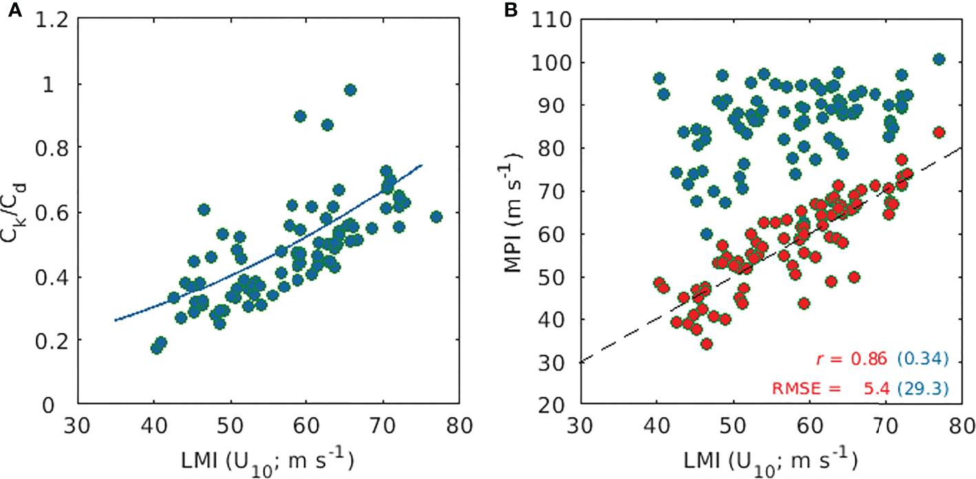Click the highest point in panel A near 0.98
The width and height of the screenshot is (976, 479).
(x=350, y=90)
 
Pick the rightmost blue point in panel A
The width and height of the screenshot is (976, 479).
(x=435, y=217)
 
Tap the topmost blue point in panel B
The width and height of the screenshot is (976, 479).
(x=938, y=60)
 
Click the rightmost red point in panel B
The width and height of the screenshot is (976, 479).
(x=938, y=132)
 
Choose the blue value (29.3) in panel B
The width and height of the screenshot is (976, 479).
(x=920, y=390)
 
